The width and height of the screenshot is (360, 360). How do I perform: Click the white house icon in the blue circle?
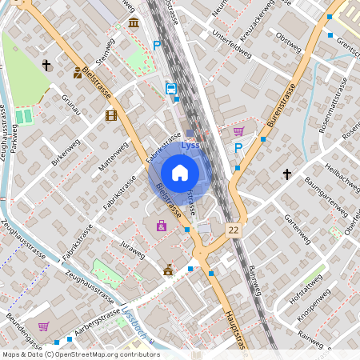click(x=179, y=173)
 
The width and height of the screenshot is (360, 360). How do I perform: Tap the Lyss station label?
click(x=190, y=146)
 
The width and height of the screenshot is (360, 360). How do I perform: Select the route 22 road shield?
click(x=233, y=229)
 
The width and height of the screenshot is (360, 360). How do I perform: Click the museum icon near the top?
click(x=133, y=22)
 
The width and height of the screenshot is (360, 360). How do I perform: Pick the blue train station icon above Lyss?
click(x=170, y=89)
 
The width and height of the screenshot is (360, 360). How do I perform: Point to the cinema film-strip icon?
click(x=110, y=116)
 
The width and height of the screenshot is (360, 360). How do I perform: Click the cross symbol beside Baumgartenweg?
click(x=287, y=174)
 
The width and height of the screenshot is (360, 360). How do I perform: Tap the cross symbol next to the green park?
click(x=46, y=65)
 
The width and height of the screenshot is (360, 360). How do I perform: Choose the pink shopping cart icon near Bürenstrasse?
click(x=238, y=131)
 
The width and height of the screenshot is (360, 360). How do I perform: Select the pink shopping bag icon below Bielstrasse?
click(x=162, y=226)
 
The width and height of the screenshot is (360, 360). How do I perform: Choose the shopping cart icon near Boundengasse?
click(x=43, y=326)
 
